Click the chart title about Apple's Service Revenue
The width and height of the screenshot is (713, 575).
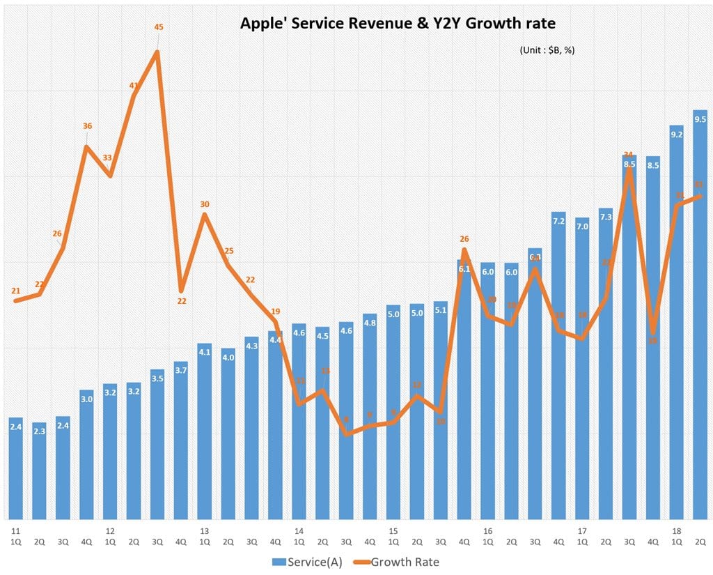[398, 23]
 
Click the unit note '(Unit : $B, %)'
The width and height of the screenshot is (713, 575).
[547, 50]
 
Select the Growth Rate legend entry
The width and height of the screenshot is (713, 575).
[402, 561]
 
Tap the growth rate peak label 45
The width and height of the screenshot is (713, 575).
[158, 27]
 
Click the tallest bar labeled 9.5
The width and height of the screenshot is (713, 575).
[700, 314]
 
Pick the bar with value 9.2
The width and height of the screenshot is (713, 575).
[676, 321]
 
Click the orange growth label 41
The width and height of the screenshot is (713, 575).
[134, 85]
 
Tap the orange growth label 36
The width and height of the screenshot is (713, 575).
[87, 126]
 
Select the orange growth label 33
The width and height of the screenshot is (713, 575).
[107, 158]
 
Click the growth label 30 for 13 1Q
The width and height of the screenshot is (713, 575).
[204, 204]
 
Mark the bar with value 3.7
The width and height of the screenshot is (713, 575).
[181, 439]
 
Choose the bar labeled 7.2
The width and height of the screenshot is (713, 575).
[558, 362]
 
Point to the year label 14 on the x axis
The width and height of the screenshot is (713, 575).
[298, 530]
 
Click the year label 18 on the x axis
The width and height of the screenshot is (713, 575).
[675, 530]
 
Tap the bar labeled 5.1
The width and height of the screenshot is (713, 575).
[440, 411]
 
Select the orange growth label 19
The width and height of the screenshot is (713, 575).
[275, 311]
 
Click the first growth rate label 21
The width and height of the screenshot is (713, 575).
[15, 291]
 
